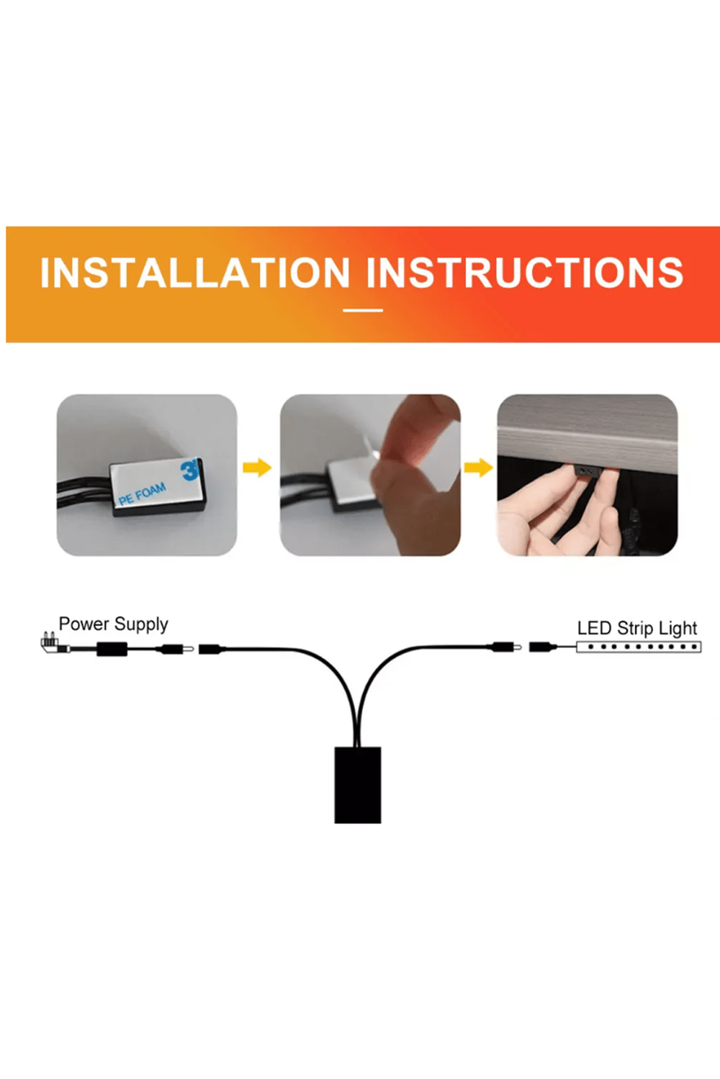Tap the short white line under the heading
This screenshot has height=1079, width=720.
point(363,310)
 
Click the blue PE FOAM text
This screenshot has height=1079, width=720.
point(143,494)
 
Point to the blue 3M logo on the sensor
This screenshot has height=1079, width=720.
point(190,470)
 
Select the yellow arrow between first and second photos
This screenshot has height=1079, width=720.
point(257,467)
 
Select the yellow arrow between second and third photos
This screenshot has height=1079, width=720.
point(478,467)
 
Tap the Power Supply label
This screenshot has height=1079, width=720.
point(113,624)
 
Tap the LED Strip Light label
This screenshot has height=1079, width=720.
point(637,628)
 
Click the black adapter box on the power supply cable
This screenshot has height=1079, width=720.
point(112,649)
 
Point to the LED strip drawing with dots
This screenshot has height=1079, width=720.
point(639,647)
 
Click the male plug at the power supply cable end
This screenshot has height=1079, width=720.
point(176,649)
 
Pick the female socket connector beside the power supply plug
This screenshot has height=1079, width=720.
point(212,649)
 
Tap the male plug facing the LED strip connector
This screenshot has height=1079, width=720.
point(506,647)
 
